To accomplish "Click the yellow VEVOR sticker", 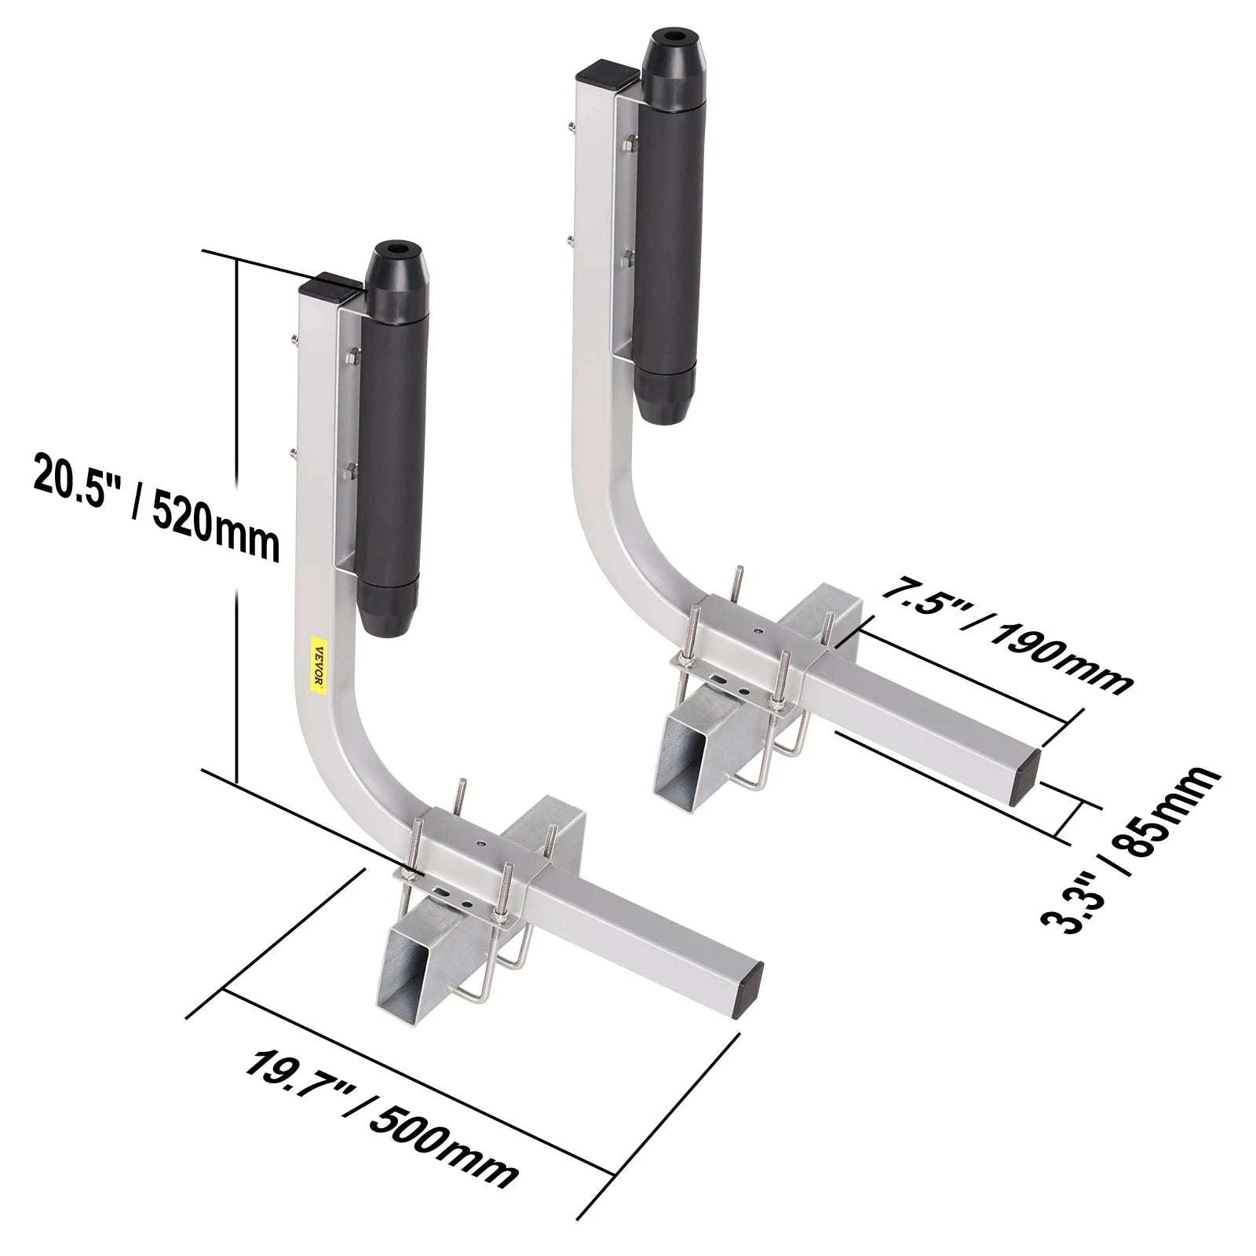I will point(319,664).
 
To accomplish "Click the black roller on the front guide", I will point(390,440).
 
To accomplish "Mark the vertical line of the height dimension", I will point(236,518).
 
